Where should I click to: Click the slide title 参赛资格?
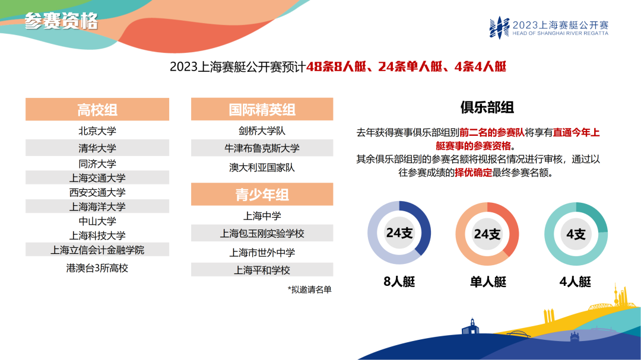tap(61, 22)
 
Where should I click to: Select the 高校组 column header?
tap(97, 110)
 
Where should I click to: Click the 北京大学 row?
tap(97, 130)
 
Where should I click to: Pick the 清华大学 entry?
tap(97, 148)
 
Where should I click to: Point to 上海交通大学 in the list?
tap(97, 178)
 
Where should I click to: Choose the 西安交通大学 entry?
tap(97, 192)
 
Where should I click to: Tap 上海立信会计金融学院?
tap(97, 250)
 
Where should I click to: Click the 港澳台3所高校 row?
tap(97, 268)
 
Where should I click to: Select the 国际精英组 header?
tap(262, 110)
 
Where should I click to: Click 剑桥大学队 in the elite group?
tap(262, 130)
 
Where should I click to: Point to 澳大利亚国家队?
tap(262, 167)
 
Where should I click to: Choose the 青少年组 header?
tap(262, 195)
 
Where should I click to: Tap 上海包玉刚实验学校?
tap(262, 234)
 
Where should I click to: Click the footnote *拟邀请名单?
tap(309, 289)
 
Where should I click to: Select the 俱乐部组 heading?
tap(487, 107)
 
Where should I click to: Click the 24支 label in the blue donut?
tap(399, 233)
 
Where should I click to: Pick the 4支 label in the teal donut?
tap(576, 234)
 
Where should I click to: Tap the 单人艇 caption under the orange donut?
tap(488, 282)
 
